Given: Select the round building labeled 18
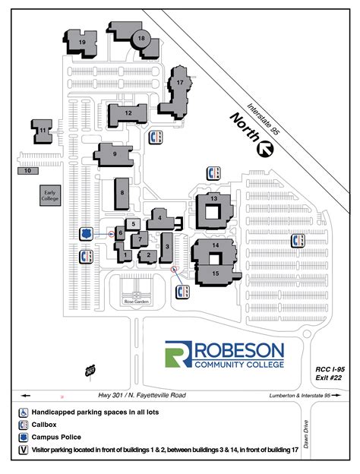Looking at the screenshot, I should click(141, 37).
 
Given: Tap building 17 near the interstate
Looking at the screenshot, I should click(180, 82).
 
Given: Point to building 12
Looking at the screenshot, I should click(128, 113).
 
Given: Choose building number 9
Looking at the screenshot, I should click(114, 153).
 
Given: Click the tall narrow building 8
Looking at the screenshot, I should click(122, 194).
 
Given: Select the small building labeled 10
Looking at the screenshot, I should click(27, 171).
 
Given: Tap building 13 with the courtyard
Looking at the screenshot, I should click(214, 199).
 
